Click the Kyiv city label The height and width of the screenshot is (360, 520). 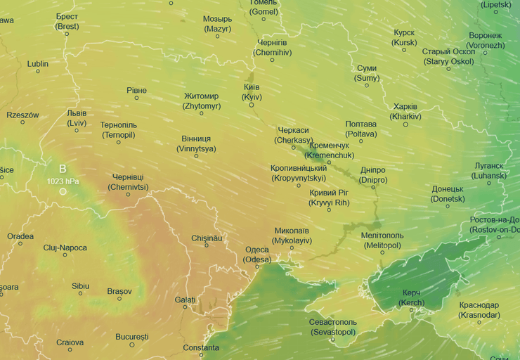click(252, 91)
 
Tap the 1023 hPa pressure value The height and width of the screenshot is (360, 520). click(63, 181)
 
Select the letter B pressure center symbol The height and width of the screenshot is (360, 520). click(63, 169)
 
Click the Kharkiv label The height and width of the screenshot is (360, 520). click(405, 111)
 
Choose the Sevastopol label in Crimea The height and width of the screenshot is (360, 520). click(333, 326)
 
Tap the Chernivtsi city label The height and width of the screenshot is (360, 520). click(128, 182)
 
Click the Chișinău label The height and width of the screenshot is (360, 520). click(207, 238)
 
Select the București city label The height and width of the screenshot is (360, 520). click(132, 337)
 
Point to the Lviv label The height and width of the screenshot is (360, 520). click(77, 117)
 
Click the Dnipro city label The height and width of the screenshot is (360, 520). click(372, 174)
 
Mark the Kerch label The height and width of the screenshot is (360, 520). click(411, 297)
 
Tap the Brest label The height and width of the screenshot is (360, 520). click(67, 21)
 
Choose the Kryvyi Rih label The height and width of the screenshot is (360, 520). click(329, 198)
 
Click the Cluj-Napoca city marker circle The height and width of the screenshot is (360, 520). click(65, 255)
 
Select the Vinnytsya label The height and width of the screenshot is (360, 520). click(196, 143)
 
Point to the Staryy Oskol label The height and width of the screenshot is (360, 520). click(448, 56)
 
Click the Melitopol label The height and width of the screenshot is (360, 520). click(382, 240)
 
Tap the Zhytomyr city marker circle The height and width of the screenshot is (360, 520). click(202, 112)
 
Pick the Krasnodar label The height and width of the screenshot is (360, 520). click(479, 309)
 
